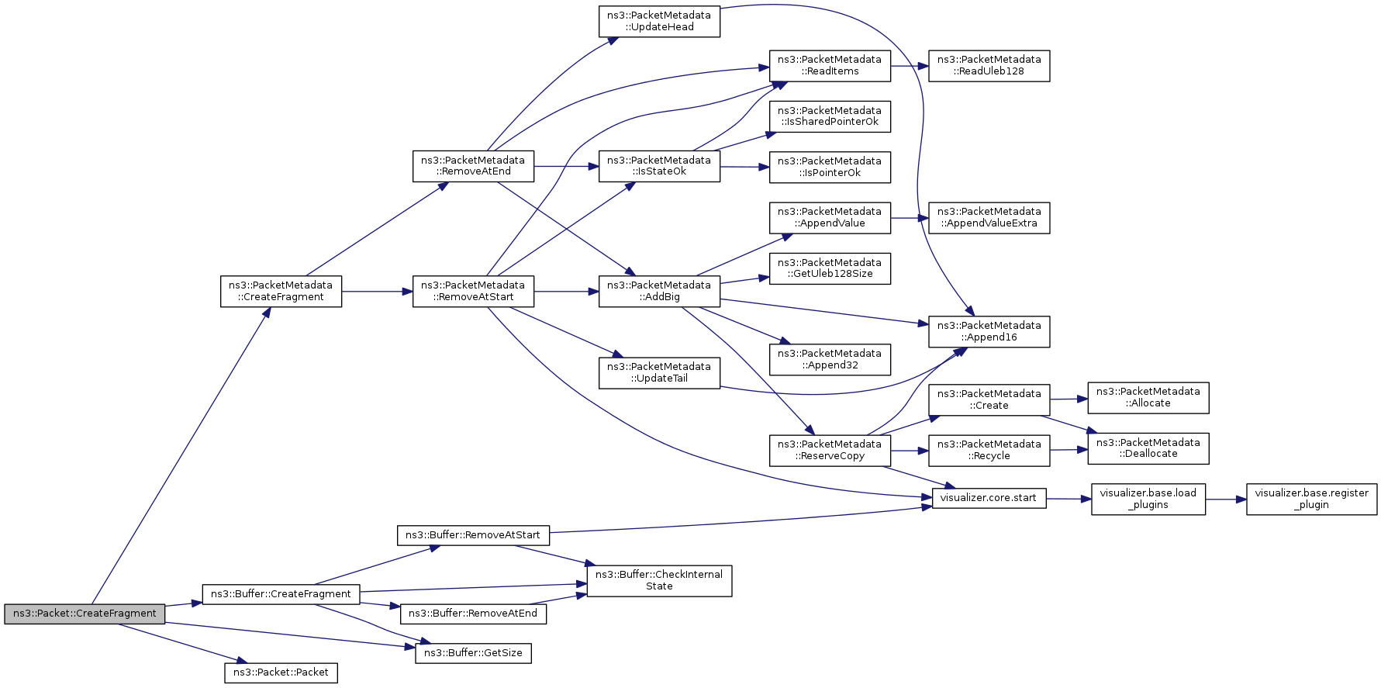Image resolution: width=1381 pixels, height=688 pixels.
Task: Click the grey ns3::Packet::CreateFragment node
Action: coord(85,614)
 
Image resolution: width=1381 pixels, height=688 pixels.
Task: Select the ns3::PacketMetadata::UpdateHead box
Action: coord(659,21)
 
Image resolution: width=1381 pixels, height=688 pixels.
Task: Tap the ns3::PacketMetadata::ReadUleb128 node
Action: coord(989,65)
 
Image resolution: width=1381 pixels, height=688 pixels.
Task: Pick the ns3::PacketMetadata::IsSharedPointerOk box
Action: coord(830,116)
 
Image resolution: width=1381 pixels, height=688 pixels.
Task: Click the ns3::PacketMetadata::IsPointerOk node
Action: coord(830,167)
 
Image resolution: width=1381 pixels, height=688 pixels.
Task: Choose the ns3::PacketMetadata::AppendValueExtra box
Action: coord(989,217)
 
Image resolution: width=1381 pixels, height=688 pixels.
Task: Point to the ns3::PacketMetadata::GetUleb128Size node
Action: coord(830,268)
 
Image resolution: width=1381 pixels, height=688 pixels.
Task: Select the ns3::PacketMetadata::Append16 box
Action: coord(989,331)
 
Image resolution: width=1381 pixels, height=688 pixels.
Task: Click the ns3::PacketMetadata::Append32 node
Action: coord(830,359)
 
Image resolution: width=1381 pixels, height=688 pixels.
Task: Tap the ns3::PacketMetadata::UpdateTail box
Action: coord(659,372)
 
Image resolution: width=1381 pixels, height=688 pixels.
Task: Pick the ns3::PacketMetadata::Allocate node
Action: coord(1148,397)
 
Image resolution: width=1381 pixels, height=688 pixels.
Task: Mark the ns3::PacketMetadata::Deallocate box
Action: coord(1148,448)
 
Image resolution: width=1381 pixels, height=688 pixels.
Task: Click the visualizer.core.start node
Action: coord(989,498)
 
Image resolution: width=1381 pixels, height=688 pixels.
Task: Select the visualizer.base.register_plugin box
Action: coord(1311,499)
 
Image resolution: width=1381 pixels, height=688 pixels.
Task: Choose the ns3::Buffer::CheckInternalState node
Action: coord(659,580)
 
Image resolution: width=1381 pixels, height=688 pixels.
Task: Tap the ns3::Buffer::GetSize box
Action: coord(473,653)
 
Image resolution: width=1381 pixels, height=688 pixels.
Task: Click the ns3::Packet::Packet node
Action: coord(281,672)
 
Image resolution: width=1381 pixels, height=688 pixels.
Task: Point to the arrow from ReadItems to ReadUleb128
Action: coord(910,66)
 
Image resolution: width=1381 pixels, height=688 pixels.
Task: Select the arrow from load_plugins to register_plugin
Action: coord(1226,500)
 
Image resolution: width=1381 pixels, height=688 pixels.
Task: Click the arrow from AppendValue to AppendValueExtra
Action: coord(910,218)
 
